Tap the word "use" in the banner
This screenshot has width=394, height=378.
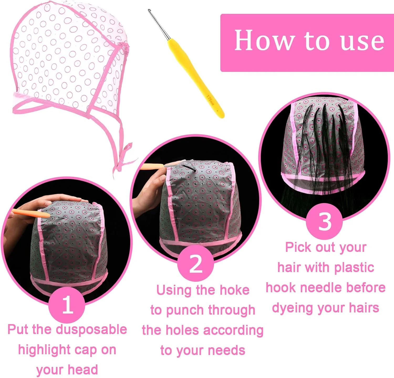[x=362, y=42]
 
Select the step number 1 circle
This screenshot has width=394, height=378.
[x=67, y=305]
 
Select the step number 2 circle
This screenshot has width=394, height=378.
[x=195, y=263]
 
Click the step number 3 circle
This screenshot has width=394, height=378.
[x=325, y=221]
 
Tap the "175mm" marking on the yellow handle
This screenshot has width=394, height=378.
[x=210, y=100]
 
